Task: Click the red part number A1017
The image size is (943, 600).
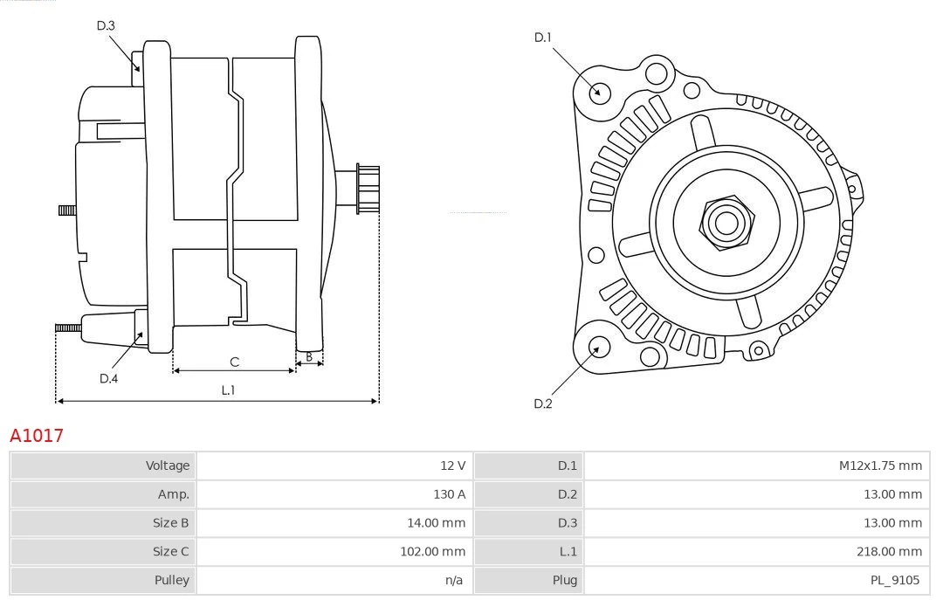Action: click(x=37, y=435)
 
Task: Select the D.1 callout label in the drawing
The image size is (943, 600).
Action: click(x=543, y=38)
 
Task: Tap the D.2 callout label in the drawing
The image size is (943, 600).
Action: click(x=543, y=403)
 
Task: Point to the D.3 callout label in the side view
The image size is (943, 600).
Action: click(x=106, y=25)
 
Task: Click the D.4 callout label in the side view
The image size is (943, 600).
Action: click(x=108, y=378)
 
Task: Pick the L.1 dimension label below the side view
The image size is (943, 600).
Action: click(x=227, y=390)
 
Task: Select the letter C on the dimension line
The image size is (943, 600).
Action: click(x=234, y=362)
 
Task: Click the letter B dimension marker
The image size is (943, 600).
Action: click(x=308, y=356)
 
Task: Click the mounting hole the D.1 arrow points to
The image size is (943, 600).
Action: click(x=599, y=92)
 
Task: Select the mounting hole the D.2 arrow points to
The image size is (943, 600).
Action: click(x=599, y=347)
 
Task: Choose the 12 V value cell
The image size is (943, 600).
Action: click(x=451, y=466)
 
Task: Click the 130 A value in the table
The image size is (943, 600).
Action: click(x=449, y=494)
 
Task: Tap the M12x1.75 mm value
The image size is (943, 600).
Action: click(x=880, y=466)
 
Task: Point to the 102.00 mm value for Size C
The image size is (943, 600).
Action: click(x=433, y=551)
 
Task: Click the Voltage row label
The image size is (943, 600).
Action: click(x=167, y=466)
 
